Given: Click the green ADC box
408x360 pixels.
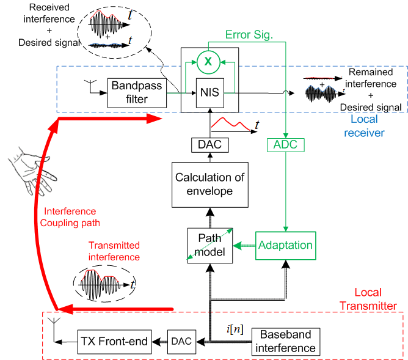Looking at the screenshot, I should (x=285, y=145).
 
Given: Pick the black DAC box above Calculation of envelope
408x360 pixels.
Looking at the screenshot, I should (x=209, y=145).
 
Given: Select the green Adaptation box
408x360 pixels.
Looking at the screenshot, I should (x=285, y=245).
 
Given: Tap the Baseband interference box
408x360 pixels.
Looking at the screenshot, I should (x=286, y=341).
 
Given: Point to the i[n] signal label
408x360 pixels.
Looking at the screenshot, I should (x=234, y=330).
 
